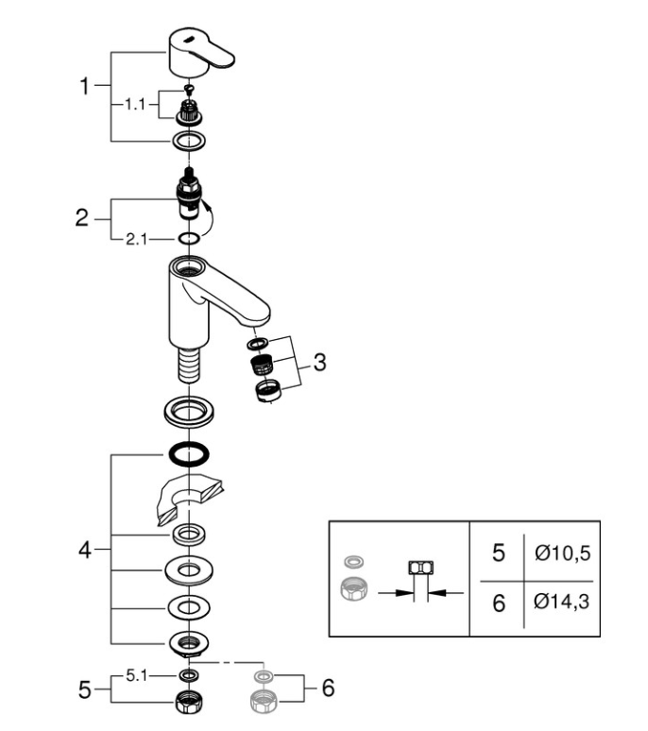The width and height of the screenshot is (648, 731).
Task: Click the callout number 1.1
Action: pos(135,105)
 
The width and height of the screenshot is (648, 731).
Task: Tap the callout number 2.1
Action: pos(136,240)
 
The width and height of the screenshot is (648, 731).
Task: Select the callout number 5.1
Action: pos(136,675)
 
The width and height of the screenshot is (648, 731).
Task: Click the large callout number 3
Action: pos(320,363)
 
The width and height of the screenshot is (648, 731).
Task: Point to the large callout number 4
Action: pos(84,550)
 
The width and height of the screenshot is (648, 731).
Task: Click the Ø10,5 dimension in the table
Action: pos(562,552)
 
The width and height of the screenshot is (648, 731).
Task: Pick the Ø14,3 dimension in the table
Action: pos(562,602)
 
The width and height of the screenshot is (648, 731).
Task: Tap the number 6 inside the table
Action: pos(499,603)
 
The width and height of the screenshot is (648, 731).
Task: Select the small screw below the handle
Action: pos(189,88)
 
